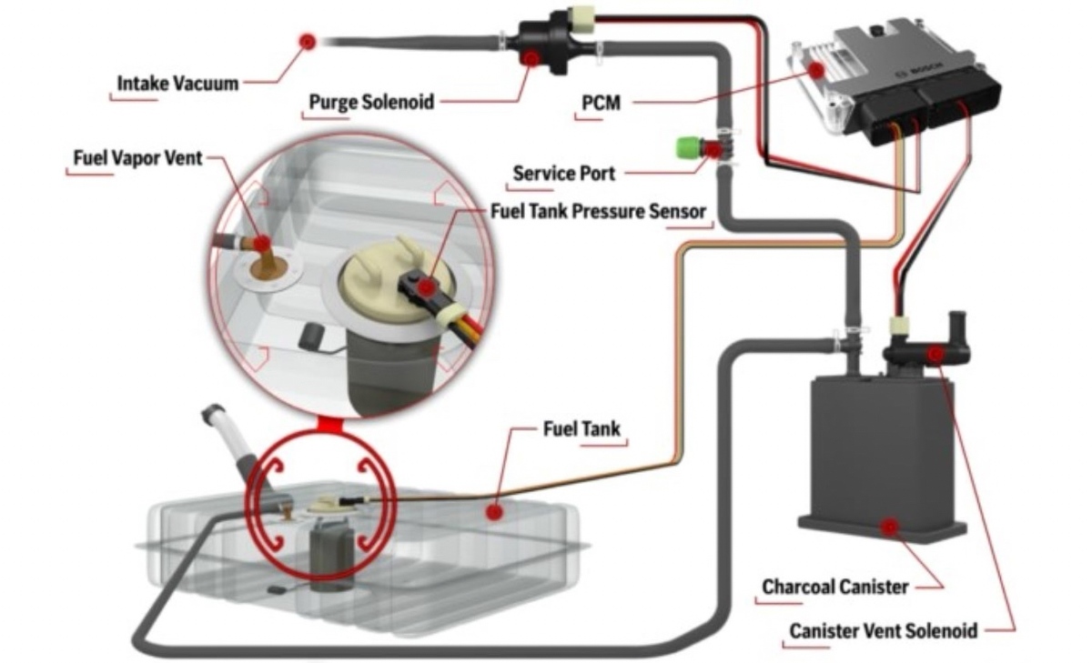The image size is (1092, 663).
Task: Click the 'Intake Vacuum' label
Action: [177, 84]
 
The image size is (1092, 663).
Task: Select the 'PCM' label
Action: [601, 103]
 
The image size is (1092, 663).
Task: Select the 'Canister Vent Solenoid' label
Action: [883, 630]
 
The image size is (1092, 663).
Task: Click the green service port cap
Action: [684, 147]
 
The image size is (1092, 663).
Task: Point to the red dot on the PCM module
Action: [816, 69]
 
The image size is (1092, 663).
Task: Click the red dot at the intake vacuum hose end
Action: [308, 40]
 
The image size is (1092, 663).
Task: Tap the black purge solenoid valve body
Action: [537, 44]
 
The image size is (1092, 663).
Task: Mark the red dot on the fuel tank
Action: [494, 512]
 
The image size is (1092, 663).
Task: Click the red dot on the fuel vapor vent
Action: [261, 244]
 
